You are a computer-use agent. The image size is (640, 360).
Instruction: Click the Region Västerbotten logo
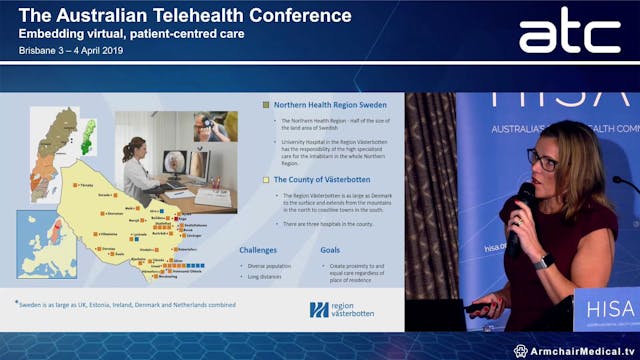pyautogui.click(x=342, y=309)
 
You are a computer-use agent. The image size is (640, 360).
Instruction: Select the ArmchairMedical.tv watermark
pyautogui.click(x=575, y=351)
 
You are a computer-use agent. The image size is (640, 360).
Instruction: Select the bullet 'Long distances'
pyautogui.click(x=263, y=276)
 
